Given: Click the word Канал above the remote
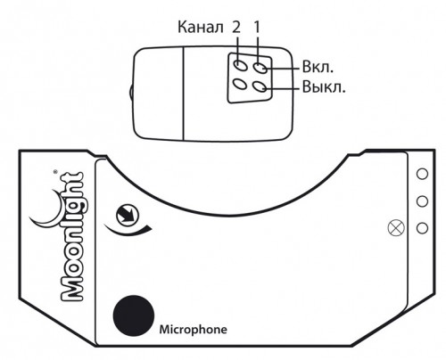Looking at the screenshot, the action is [200, 27].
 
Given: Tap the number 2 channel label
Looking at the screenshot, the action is [235, 27].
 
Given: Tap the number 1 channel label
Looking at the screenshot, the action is [257, 27].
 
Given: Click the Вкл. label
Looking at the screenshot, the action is [318, 67].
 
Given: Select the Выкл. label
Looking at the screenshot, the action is [324, 87].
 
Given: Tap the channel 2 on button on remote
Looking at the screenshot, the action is [241, 65].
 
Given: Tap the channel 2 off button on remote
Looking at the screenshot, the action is [240, 84].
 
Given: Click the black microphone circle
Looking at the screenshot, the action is [134, 315].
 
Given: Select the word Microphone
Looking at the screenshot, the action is [194, 330].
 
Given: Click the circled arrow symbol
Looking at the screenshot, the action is [128, 215].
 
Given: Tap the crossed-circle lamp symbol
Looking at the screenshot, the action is [396, 228].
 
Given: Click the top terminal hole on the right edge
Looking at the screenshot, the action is [422, 174].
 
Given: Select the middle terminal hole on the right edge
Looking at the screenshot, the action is [422, 201].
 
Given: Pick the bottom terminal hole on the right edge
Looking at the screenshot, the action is [422, 228].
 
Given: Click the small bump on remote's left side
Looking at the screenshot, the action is [131, 93].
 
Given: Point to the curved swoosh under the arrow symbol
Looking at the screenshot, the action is [127, 233].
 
